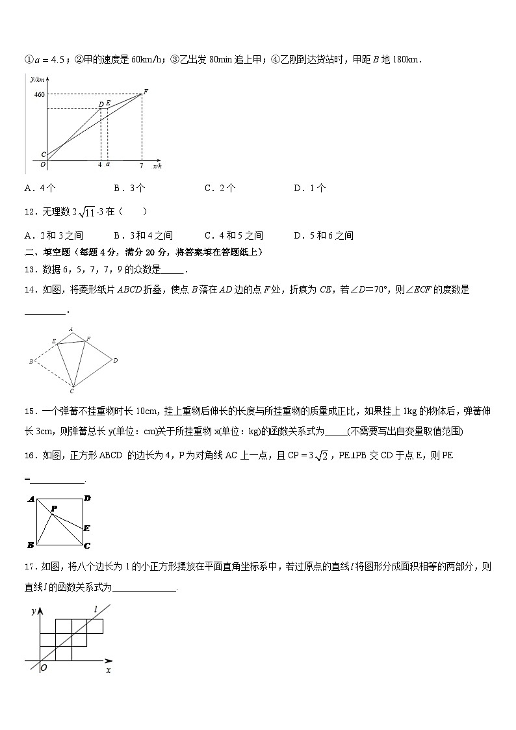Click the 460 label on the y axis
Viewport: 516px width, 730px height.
pos(40,95)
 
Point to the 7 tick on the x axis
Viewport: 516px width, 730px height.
pos(141,165)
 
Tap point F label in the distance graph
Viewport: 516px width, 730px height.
pos(146,91)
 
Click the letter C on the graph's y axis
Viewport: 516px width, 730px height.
pos(43,155)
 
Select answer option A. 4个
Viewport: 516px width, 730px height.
pos(40,188)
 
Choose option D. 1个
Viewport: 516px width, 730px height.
pos(309,188)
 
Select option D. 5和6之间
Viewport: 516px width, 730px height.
pos(323,235)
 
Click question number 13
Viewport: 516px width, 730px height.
pos(30,270)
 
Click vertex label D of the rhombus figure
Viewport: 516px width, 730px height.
pos(115,360)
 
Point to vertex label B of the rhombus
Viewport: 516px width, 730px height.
pos(31,361)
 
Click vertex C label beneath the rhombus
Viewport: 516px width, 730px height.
pos(72,391)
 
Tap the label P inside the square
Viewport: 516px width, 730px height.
pos(54,509)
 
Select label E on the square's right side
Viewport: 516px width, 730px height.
pos(86,528)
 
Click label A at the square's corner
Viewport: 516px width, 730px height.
pos(31,499)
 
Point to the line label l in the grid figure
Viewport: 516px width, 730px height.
pos(95,609)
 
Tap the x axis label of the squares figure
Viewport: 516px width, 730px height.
pos(108,669)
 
